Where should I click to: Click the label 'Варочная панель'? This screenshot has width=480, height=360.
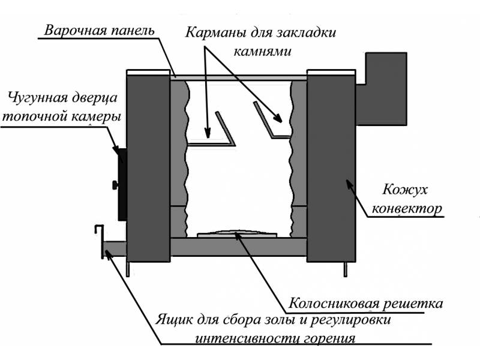(99, 31)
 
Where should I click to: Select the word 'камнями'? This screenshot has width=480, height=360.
(262, 51)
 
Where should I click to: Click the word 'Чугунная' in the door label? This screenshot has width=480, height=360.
(35, 98)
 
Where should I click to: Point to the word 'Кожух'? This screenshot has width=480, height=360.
(404, 190)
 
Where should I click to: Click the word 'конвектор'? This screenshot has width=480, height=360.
(407, 209)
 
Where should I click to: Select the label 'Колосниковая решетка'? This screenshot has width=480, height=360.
(365, 304)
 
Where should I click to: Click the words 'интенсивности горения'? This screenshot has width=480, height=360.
(275, 338)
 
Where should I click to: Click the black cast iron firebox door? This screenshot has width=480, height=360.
(122, 184)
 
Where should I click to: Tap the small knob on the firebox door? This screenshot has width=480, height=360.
(115, 185)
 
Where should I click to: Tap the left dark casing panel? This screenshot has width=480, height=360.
(148, 168)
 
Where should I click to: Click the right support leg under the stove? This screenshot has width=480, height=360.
(346, 269)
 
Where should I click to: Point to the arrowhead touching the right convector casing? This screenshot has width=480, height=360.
(350, 184)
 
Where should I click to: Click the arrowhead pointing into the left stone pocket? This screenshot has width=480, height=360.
(208, 133)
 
